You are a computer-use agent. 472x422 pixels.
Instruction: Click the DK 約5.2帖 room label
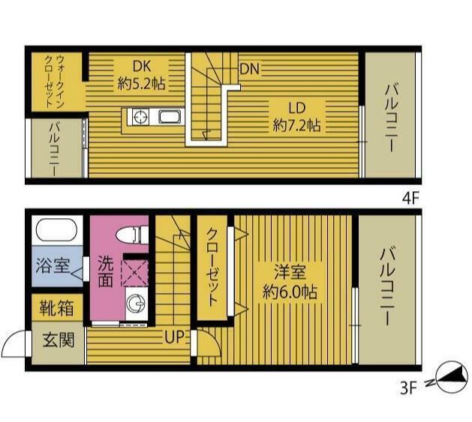pyautogui.click(x=142, y=75)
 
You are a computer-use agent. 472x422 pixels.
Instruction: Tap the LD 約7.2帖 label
pyautogui.click(x=297, y=117)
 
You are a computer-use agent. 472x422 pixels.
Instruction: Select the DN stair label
pyautogui.click(x=250, y=69)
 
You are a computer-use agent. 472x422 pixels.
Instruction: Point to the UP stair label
pyautogui.click(x=174, y=337)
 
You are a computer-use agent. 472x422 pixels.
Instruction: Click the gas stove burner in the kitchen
pyautogui.click(x=141, y=117)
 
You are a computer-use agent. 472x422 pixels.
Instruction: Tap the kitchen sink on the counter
pyautogui.click(x=170, y=117)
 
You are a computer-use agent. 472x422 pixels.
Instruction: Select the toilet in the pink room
pyautogui.click(x=133, y=235)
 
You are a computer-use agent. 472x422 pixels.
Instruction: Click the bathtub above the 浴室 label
pyautogui.click(x=56, y=229)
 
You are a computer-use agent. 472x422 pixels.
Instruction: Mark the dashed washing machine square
pyautogui.click(x=134, y=273)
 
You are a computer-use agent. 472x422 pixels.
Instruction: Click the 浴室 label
pyautogui.click(x=53, y=265)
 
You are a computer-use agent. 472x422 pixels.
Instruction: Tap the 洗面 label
pyautogui.click(x=106, y=272)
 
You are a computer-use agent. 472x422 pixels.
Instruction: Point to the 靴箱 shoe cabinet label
pyautogui.click(x=56, y=308)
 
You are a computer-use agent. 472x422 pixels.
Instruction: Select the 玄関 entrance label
pyautogui.click(x=58, y=340)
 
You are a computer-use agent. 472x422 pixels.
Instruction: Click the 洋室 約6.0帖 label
pyautogui.click(x=290, y=282)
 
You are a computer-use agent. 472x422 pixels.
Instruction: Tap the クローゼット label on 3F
pyautogui.click(x=212, y=268)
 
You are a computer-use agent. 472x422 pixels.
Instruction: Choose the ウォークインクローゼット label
pyautogui.click(x=54, y=81)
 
